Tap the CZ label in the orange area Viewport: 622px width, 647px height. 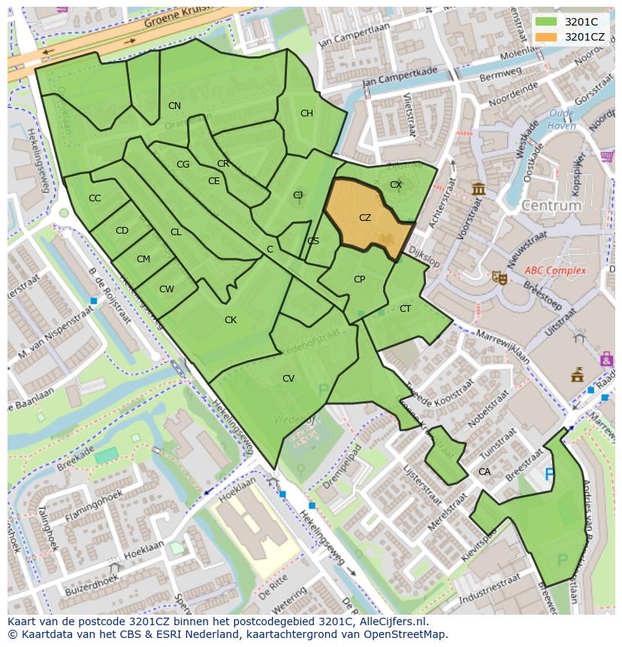365,218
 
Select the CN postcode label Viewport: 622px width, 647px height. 174,106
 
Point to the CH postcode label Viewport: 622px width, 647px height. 306,113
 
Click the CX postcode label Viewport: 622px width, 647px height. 396,184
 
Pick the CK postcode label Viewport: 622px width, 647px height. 231,320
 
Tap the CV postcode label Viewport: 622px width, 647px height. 288,379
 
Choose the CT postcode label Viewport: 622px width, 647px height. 405,309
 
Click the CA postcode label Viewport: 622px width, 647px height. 485,472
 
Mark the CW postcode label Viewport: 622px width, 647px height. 167,289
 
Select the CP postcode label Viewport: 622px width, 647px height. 359,280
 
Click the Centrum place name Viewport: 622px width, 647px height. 551,205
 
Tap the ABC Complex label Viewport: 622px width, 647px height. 555,271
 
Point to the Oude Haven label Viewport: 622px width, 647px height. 562,119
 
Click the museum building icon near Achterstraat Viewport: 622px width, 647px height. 479,189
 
